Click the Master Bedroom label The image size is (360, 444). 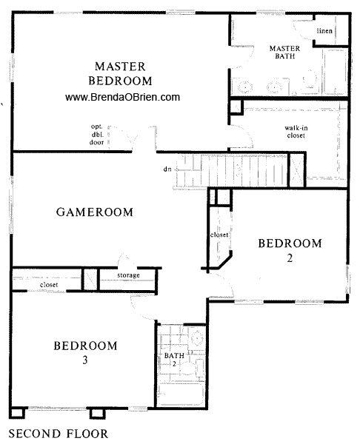[x=120, y=73]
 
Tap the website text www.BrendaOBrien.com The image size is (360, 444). [x=122, y=97]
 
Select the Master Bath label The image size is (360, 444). [x=284, y=52]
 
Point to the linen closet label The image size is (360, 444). [x=324, y=30]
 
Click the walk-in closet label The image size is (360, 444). [x=296, y=132]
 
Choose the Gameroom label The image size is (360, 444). [x=95, y=212]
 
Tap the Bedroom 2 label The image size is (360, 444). [x=290, y=250]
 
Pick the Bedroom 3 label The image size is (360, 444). [x=85, y=352]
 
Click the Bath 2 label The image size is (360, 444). [x=174, y=359]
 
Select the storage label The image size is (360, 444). [x=128, y=275]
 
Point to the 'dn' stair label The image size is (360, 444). [x=167, y=169]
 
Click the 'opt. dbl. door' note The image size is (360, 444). [x=96, y=134]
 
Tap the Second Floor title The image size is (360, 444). [x=58, y=434]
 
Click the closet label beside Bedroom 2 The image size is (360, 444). [x=219, y=235]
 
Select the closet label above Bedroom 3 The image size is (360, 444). [x=49, y=285]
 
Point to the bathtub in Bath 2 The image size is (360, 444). [x=181, y=394]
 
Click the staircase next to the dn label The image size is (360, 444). [x=231, y=170]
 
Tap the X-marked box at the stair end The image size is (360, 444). [x=297, y=170]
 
